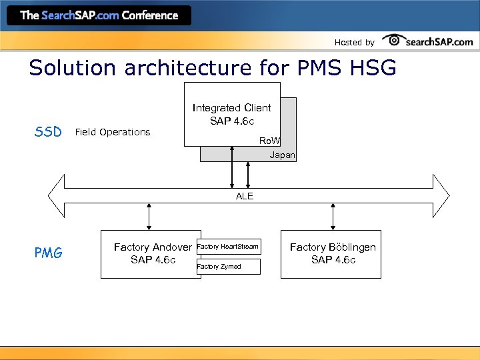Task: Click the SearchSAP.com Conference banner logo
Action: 99,15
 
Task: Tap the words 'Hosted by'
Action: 354,43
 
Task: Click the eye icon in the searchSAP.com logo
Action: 394,41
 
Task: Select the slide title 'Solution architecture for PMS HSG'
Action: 213,68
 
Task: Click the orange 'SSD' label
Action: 48,131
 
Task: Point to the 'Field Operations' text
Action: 113,132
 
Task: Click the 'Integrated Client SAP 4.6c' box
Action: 231,114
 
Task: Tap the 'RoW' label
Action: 269,141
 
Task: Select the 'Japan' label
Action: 282,155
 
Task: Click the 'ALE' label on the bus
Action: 245,196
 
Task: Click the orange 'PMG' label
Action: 48,253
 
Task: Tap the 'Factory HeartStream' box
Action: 228,247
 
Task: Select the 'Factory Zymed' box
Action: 228,267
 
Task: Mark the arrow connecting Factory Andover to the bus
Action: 149,217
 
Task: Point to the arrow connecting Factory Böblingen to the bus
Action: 332,217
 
